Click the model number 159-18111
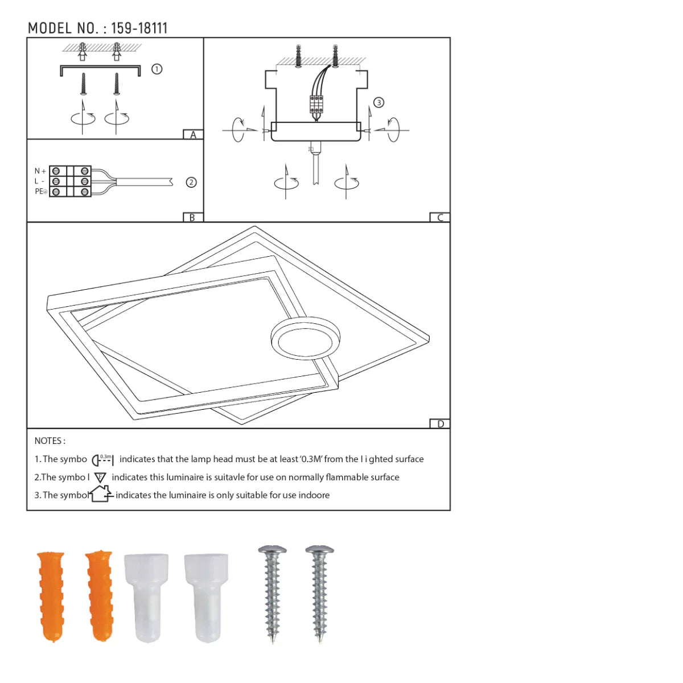pos(139,28)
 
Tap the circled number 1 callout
pos(157,69)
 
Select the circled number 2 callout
pos(191,182)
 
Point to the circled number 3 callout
pos(378,102)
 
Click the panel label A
pos(193,135)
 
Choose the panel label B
pos(192,217)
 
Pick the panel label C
pos(439,217)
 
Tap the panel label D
pos(440,423)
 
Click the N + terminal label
pos(40,171)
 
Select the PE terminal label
pos(40,192)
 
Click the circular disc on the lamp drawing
pos(306,338)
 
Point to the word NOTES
pos(50,441)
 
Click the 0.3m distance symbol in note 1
pos(103,460)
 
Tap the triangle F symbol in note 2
pos(100,478)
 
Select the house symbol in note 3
pos(101,493)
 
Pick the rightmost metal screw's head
pos(319,551)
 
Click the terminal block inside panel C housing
pos(316,104)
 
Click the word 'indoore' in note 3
pos(314,495)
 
